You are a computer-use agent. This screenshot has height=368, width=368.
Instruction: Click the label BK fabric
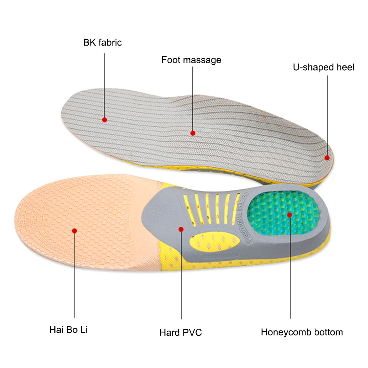(x=103, y=42)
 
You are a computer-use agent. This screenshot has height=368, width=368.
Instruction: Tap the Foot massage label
(x=191, y=60)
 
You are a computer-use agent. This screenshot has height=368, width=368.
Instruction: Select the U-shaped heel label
(x=324, y=67)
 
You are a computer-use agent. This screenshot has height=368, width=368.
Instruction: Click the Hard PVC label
(x=181, y=333)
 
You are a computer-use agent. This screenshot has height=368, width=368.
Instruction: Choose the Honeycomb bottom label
(x=302, y=332)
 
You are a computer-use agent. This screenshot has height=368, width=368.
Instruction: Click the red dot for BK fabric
(x=104, y=120)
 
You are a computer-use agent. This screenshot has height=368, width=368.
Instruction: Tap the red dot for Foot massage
(x=193, y=133)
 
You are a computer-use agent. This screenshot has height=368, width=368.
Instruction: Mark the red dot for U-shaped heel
(x=327, y=157)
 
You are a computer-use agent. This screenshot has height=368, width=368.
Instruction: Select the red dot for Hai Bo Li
(x=74, y=231)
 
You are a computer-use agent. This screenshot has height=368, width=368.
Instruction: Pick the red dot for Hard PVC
(x=181, y=229)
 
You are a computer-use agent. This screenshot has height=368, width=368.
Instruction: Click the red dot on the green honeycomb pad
(x=290, y=214)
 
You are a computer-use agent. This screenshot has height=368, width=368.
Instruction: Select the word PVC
(x=192, y=333)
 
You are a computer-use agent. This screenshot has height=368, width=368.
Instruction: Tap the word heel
(x=346, y=67)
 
